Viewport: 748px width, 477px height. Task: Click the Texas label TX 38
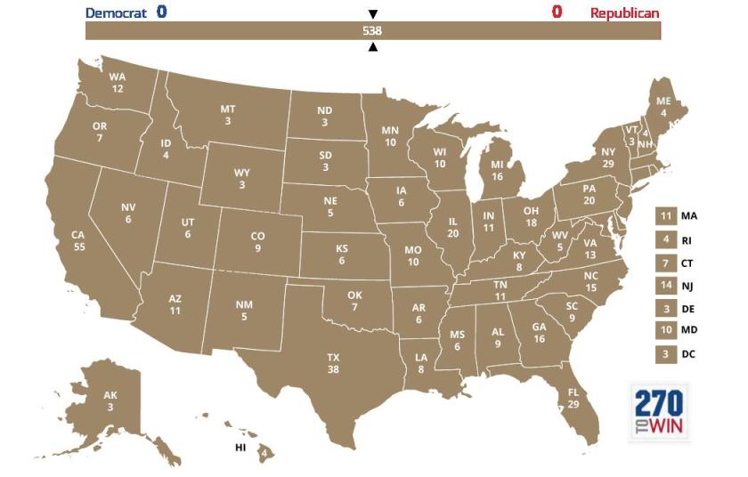(x=333, y=363)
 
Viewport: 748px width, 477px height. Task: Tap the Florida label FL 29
(x=573, y=398)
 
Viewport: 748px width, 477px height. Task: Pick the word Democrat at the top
(x=116, y=12)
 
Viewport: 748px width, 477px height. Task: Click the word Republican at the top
(x=624, y=12)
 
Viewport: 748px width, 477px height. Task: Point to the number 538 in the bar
(x=372, y=30)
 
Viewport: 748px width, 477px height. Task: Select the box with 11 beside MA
(x=665, y=216)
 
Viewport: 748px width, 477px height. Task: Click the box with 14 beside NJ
(x=665, y=286)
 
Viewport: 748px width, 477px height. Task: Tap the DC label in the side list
(x=688, y=354)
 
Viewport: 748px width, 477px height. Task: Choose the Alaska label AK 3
(x=110, y=401)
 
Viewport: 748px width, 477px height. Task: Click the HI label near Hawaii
(x=240, y=448)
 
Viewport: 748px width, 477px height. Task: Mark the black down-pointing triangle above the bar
(x=373, y=13)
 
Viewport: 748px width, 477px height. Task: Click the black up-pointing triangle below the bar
(x=373, y=47)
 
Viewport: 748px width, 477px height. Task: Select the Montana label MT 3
(x=228, y=115)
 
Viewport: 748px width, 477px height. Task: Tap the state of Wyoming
(x=242, y=178)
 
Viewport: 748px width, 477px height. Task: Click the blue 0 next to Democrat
(x=161, y=12)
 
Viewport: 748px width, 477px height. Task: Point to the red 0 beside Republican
(x=557, y=12)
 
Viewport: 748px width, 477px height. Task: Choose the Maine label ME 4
(x=663, y=107)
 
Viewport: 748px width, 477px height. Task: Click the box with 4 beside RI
(x=665, y=239)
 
